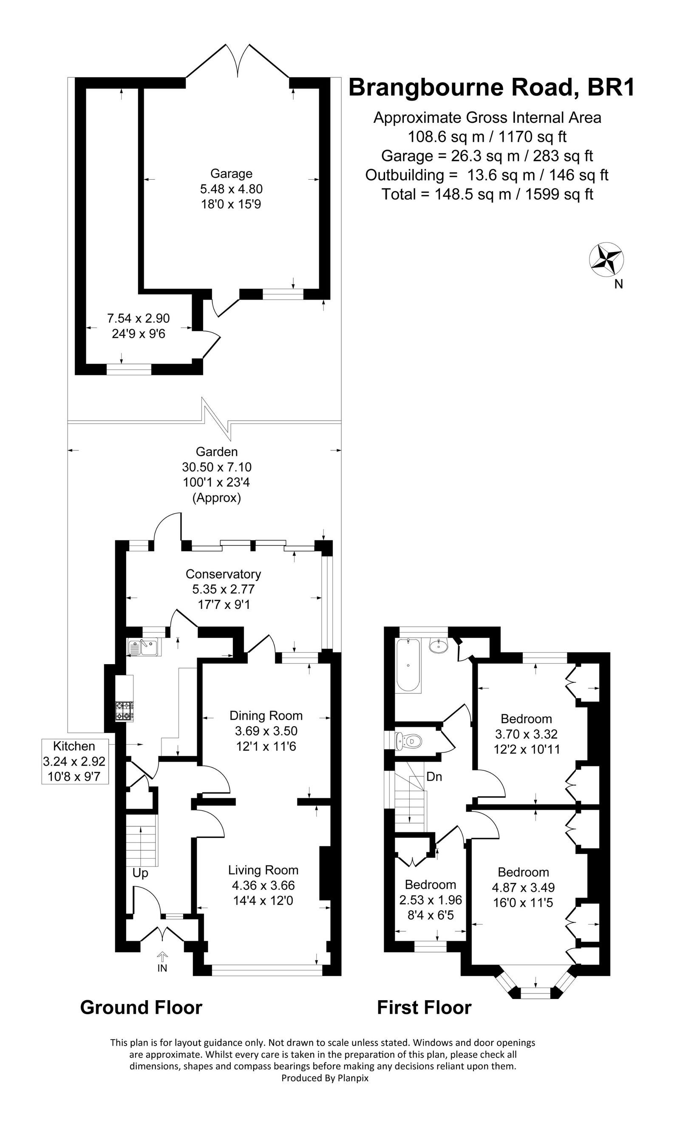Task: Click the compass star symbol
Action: pos(606,260)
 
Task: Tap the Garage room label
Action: pos(231,174)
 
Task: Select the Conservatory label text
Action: pos(223,574)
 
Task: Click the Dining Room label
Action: pos(266,716)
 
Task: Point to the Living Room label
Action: pos(263,870)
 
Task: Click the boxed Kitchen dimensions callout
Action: pos(75,761)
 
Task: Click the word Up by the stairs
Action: pos(140,873)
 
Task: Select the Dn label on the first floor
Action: pos(434,776)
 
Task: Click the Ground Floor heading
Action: pos(141,1007)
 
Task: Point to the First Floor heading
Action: pos(424,1007)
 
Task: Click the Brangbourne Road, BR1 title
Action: pos(492,88)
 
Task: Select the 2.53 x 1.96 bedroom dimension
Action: pos(431,900)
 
